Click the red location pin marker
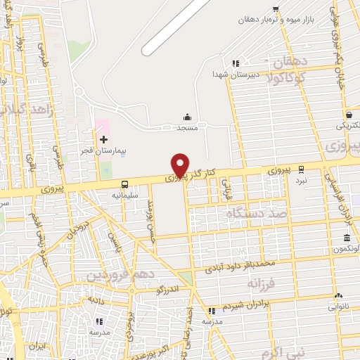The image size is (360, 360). click(180, 165)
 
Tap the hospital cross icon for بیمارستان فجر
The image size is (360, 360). click(103, 140)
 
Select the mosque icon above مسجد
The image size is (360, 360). click(187, 117)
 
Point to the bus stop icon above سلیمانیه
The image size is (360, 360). click(124, 184)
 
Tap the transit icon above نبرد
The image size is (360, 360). click(301, 169)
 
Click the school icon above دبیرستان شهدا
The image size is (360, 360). click(236, 63)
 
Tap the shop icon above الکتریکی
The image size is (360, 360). click(349, 115)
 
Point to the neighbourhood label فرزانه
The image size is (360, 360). click(262, 283)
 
